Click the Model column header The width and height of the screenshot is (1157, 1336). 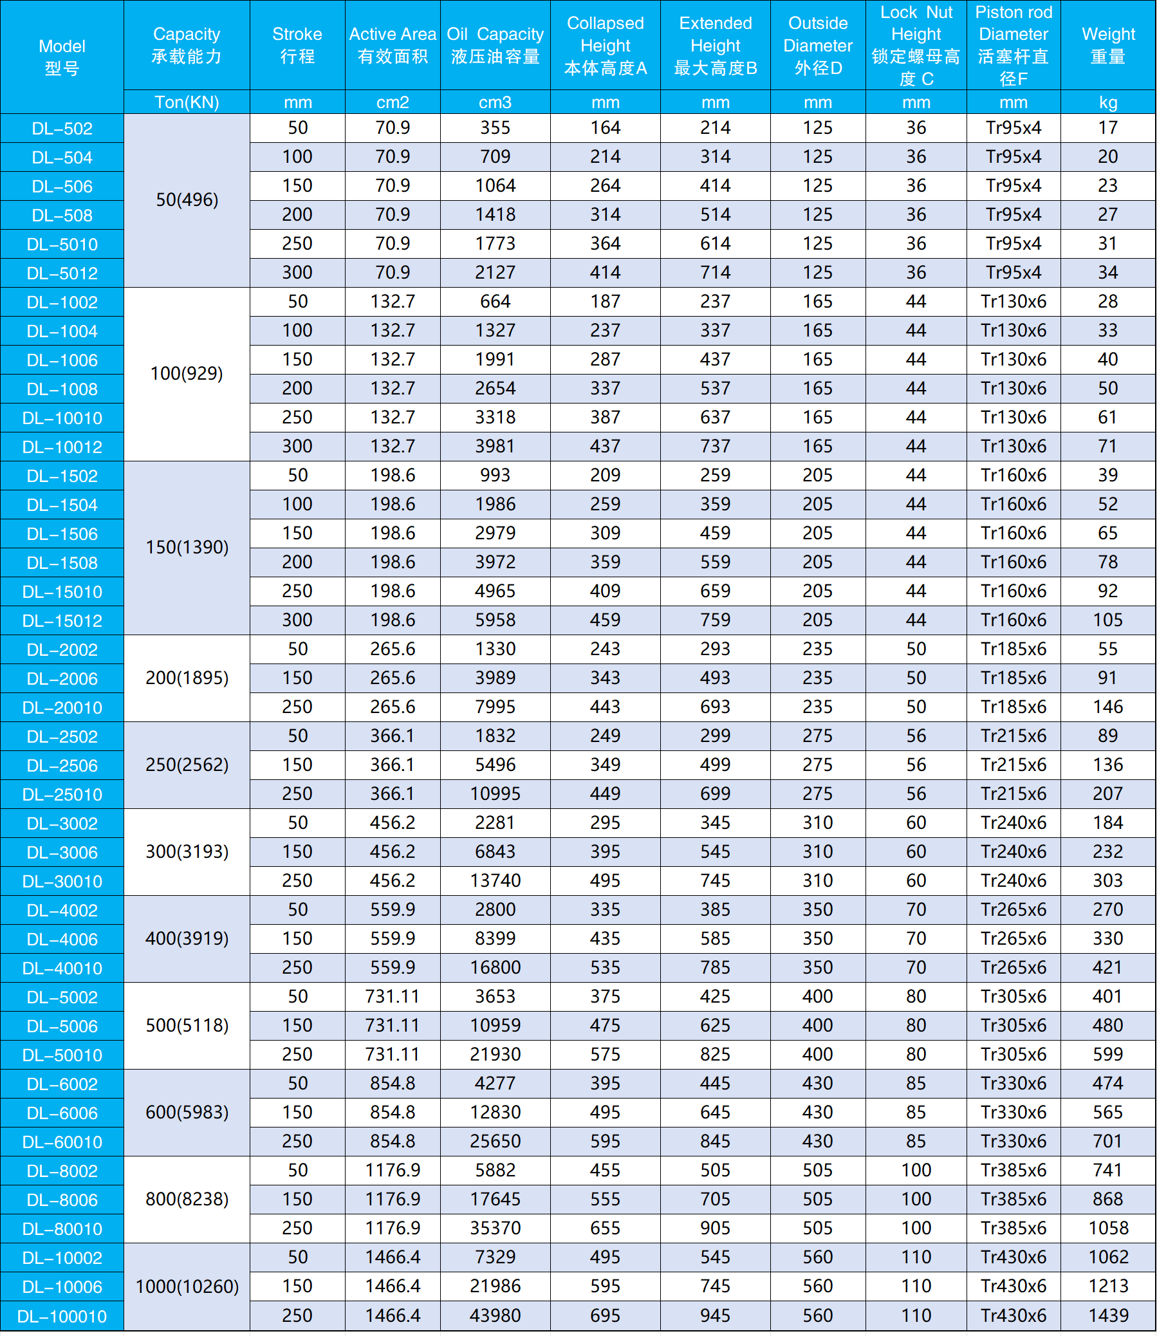[62, 57]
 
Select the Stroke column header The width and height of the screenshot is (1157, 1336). [297, 45]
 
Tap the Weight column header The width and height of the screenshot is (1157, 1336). [1107, 45]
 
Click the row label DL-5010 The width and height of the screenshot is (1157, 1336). [62, 245]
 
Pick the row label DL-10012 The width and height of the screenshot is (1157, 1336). [62, 447]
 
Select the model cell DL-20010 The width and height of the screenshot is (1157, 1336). [62, 708]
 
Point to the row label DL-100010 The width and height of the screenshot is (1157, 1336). [62, 1317]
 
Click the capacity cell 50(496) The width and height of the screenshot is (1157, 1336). [187, 200]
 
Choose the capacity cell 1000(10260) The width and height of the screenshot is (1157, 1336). [187, 1287]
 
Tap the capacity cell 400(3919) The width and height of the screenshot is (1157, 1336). [187, 938]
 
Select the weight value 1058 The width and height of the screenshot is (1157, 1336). [1107, 1228]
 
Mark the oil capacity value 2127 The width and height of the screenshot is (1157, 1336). [495, 272]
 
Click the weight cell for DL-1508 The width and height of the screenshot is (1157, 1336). [1107, 562]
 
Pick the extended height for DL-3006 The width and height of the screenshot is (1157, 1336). [716, 851]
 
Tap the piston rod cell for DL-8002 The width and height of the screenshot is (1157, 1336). [1013, 1171]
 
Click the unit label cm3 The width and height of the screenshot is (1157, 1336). [495, 103]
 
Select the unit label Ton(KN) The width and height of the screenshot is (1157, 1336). [187, 103]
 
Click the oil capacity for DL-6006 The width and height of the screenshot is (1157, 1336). [495, 1113]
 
